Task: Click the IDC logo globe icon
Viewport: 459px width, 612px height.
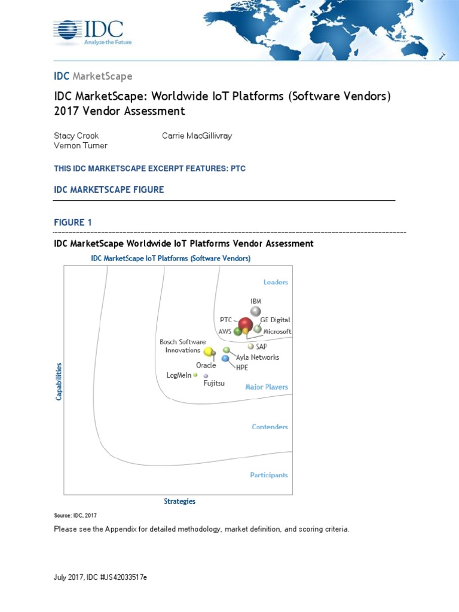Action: (68, 30)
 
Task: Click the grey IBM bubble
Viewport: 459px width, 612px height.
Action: (255, 311)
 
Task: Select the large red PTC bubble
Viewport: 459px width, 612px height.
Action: (246, 325)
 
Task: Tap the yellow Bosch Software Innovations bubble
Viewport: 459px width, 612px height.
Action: (209, 351)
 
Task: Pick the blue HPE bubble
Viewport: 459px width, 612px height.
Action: (225, 358)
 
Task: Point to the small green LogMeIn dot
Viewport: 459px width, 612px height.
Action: (195, 375)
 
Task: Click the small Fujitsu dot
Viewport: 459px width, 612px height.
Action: (206, 376)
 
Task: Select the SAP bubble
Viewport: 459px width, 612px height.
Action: (250, 346)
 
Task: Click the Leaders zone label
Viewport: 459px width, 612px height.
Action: (276, 282)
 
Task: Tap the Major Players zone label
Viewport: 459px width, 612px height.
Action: (267, 387)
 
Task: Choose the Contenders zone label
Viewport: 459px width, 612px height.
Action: (270, 427)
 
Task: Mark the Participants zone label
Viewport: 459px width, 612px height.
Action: (269, 475)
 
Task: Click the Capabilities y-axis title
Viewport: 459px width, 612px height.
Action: (59, 381)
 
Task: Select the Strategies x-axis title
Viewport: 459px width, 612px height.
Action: (179, 501)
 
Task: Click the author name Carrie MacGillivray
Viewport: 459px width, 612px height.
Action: (197, 136)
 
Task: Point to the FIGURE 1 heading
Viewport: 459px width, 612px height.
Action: (73, 222)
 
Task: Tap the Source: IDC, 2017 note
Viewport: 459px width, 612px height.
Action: (75, 515)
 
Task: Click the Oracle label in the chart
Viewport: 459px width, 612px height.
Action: (206, 365)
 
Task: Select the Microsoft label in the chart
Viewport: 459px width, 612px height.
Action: (277, 331)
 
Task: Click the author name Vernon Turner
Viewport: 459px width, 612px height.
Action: (81, 146)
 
